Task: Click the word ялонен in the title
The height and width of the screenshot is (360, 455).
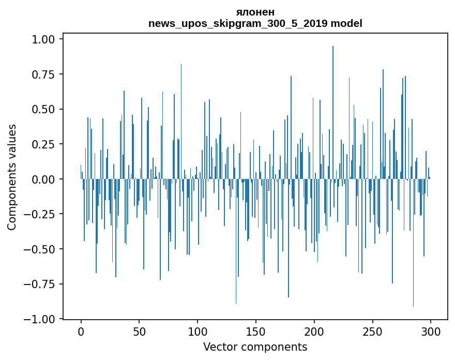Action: pyautogui.click(x=255, y=12)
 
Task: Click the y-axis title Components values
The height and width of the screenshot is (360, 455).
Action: pyautogui.click(x=12, y=177)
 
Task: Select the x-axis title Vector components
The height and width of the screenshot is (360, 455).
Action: pyautogui.click(x=255, y=347)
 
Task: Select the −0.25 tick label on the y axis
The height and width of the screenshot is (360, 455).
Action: pyautogui.click(x=43, y=214)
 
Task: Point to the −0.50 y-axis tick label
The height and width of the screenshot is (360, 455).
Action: pyautogui.click(x=43, y=249)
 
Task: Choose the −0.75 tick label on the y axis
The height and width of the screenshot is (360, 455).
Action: pyautogui.click(x=43, y=284)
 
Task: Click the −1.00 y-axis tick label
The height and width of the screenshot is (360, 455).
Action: pyautogui.click(x=43, y=319)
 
